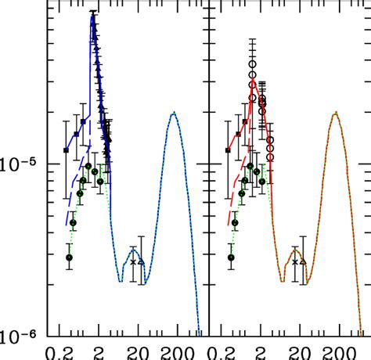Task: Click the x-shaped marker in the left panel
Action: tap(133, 261)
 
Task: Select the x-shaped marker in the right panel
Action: tap(295, 261)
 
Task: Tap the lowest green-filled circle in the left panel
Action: tap(69, 257)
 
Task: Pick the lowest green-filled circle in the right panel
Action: tap(231, 257)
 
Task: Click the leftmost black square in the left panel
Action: tap(67, 149)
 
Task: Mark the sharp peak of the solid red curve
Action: tap(253, 81)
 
